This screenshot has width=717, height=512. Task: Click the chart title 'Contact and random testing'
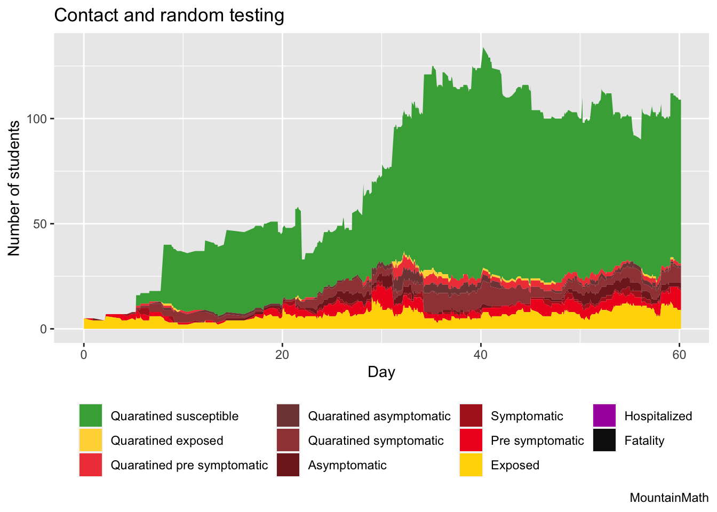[169, 15]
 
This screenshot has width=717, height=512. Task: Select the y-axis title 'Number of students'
[14, 188]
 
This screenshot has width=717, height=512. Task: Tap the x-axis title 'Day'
[381, 372]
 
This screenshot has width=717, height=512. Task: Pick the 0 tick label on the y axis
[44, 329]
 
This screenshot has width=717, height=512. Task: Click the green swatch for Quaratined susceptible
[91, 416]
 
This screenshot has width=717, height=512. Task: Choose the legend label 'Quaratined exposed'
[167, 441]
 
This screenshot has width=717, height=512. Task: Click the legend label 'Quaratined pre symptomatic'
[189, 465]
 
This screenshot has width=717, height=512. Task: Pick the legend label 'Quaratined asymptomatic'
[379, 416]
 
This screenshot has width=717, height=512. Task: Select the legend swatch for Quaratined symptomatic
[288, 441]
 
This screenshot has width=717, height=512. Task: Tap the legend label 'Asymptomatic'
[347, 465]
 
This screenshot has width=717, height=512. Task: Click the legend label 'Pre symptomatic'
[537, 441]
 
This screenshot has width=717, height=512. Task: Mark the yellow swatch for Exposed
[471, 465]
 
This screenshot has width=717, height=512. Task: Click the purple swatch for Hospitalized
[604, 416]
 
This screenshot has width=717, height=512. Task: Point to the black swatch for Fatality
[604, 441]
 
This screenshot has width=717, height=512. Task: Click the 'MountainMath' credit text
[669, 498]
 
